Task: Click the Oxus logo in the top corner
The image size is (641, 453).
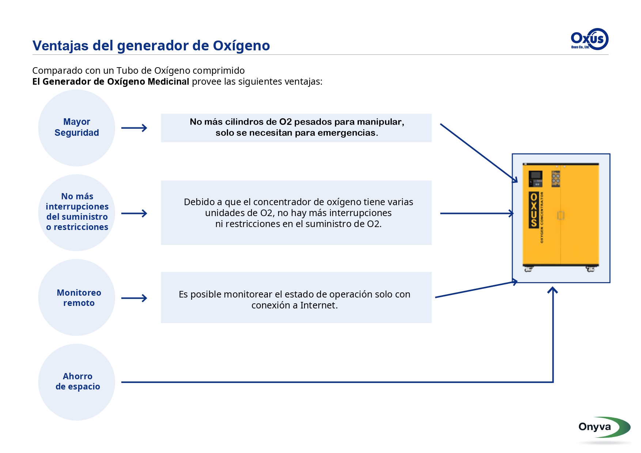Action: click(589, 39)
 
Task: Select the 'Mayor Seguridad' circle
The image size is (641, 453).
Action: click(77, 128)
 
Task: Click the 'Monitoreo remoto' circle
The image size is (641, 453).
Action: click(77, 297)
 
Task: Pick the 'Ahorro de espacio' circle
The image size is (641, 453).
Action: click(77, 382)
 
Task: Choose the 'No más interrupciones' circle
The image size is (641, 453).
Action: click(77, 212)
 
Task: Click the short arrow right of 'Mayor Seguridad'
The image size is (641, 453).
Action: click(134, 128)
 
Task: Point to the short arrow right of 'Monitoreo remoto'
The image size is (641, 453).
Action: click(134, 298)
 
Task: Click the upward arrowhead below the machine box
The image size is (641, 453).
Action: click(553, 291)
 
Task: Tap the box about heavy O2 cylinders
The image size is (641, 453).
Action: click(296, 128)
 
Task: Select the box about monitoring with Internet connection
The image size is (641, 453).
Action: click(296, 297)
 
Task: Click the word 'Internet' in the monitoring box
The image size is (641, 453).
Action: click(317, 305)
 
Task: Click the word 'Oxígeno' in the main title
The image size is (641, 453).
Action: click(241, 46)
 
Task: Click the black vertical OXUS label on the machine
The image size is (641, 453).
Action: click(534, 210)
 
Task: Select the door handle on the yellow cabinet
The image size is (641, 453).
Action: click(561, 215)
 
